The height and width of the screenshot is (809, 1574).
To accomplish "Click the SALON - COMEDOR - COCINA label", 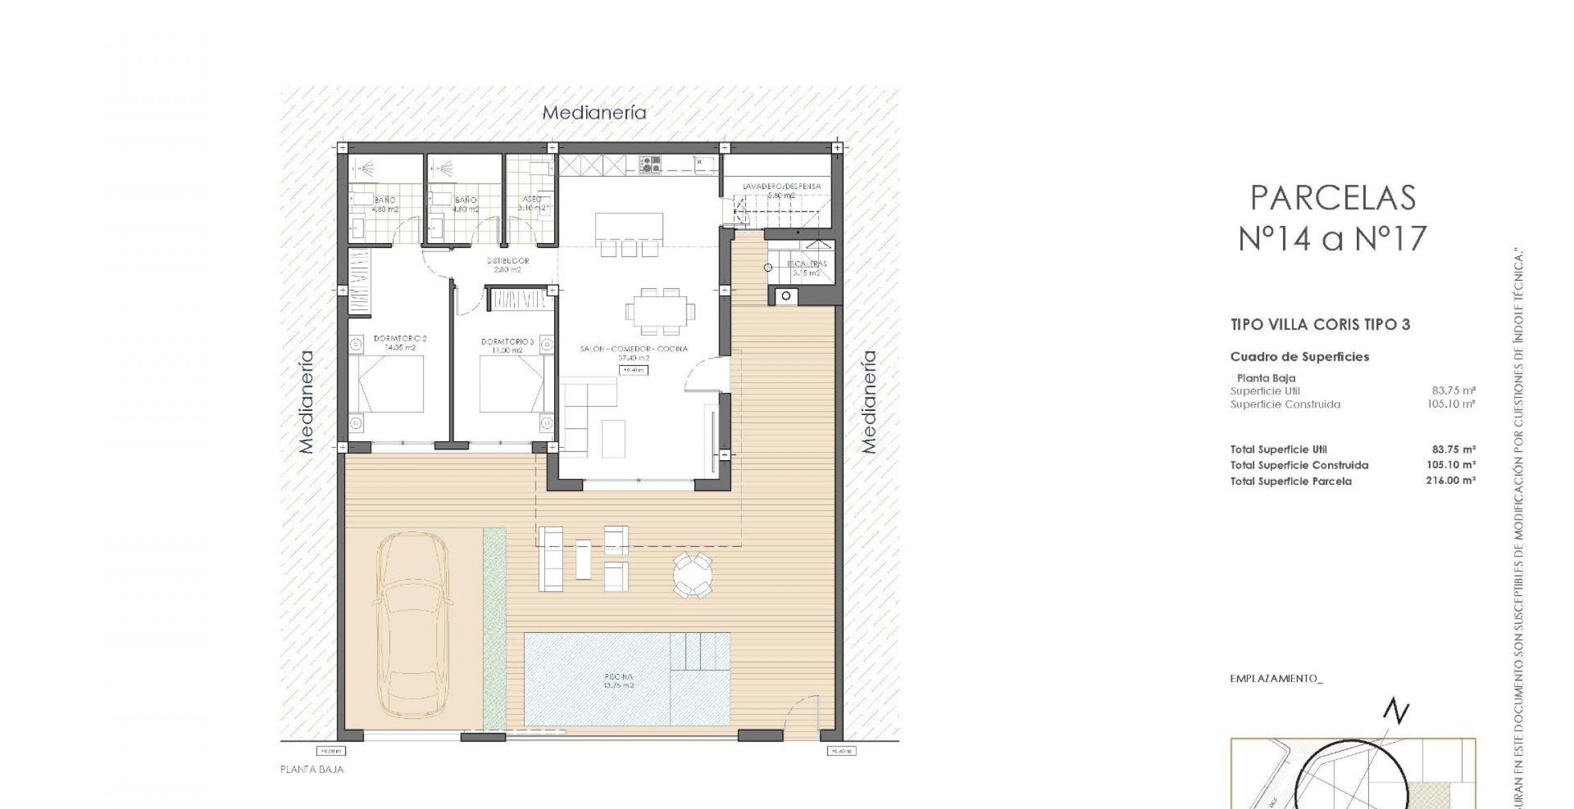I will click(x=633, y=349).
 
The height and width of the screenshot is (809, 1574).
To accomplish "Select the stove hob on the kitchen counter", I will click(x=650, y=164).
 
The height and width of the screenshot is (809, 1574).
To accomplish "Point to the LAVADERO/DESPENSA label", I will click(x=782, y=186).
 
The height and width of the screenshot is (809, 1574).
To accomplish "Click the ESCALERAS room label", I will click(x=806, y=264).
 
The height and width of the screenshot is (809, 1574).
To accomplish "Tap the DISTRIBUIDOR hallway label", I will click(x=508, y=261).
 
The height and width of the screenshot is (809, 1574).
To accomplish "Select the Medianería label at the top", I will click(x=594, y=113).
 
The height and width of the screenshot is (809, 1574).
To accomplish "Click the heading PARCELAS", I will click(x=1332, y=198).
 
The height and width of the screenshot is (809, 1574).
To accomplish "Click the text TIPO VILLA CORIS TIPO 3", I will click(x=1320, y=325).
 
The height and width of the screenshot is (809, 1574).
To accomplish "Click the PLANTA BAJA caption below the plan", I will click(x=312, y=769).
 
